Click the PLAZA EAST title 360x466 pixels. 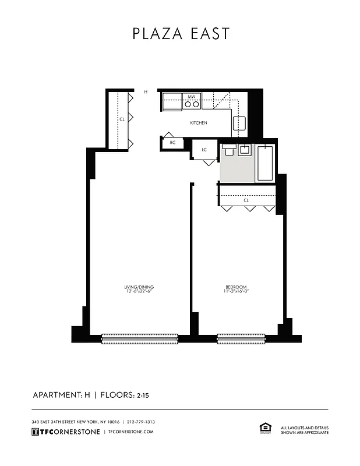181,34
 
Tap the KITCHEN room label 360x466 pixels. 199,123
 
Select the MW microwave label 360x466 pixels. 192,97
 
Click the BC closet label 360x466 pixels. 172,143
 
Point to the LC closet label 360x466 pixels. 204,150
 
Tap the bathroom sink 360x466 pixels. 245,150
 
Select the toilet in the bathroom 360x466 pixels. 228,150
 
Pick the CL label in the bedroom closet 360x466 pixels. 246,200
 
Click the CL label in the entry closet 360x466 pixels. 122,119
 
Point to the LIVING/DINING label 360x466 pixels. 139,287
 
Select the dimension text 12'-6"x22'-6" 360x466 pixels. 139,292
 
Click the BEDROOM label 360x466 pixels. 237,287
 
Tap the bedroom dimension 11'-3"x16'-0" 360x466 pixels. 237,292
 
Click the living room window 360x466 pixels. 140,337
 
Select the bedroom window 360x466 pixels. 241,337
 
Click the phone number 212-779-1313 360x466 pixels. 142,422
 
